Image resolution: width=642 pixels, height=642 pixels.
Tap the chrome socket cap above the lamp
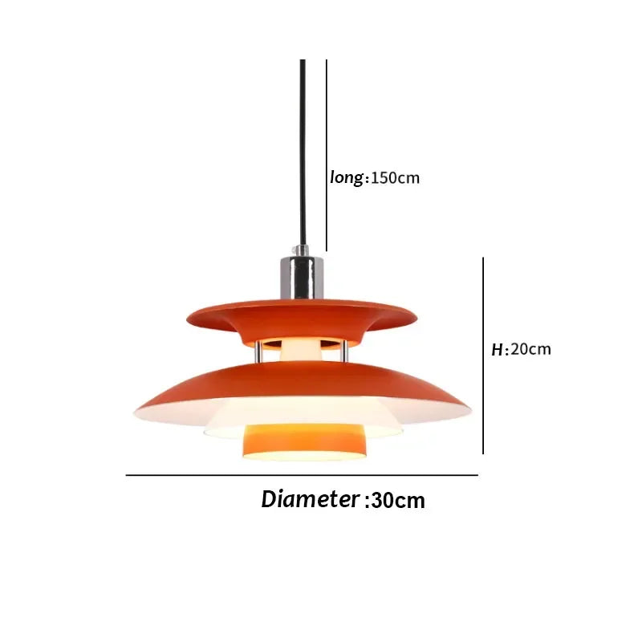pyautogui.click(x=303, y=275)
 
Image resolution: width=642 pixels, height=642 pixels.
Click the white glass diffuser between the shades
pyautogui.click(x=303, y=349)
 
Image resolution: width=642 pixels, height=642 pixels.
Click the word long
pyautogui.click(x=347, y=177)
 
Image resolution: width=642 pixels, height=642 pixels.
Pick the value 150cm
pyautogui.click(x=395, y=178)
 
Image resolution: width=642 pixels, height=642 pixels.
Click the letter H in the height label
pyautogui.click(x=497, y=350)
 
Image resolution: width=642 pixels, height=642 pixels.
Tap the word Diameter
pyautogui.click(x=309, y=499)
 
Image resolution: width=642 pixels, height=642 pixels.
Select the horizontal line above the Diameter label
pyautogui.click(x=302, y=475)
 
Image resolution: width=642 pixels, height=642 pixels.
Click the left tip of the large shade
pyautogui.click(x=136, y=412)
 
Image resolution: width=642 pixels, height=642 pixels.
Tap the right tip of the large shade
pyautogui.click(x=467, y=412)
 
